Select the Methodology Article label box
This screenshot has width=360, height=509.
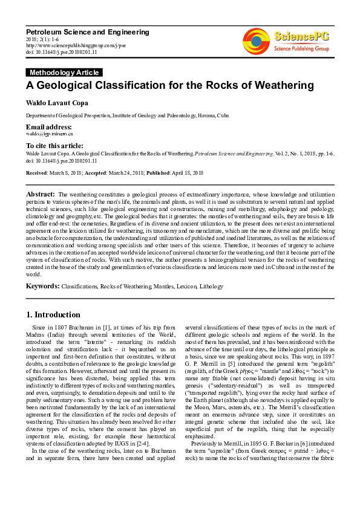63,73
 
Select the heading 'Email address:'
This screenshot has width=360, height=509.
48,127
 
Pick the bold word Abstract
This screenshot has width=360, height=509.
41,193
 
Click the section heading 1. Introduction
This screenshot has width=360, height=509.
53,315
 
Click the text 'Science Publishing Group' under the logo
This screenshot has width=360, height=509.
301,48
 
